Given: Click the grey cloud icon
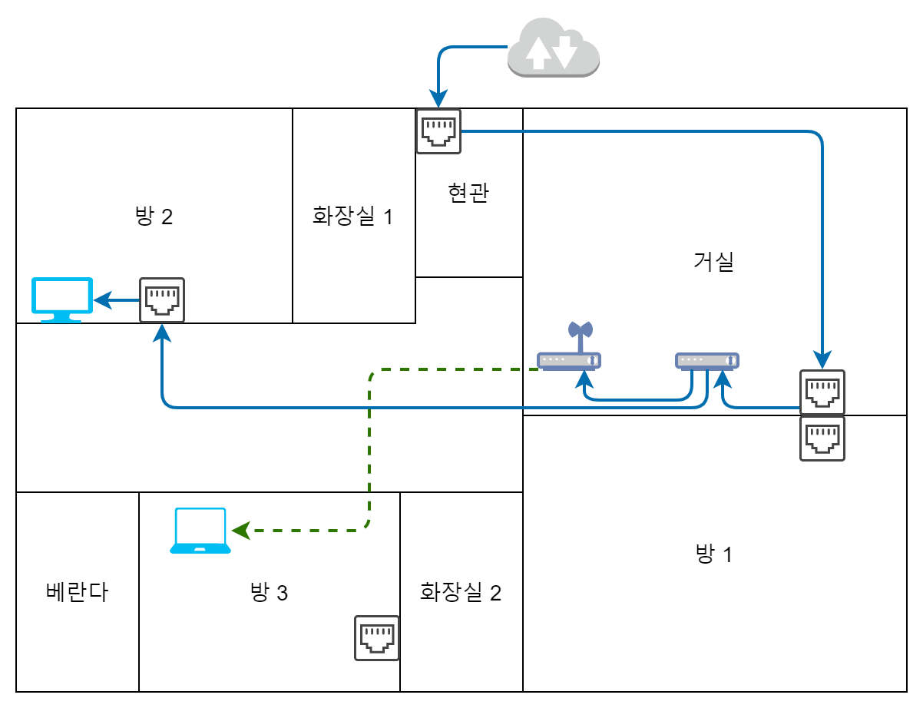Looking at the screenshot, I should pos(553,48).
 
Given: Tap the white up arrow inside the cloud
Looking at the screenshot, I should pos(538,53).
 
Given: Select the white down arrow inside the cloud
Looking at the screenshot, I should pos(565,51).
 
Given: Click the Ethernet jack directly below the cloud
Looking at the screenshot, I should pos(438,131).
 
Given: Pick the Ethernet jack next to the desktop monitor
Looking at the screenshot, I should pos(162,300).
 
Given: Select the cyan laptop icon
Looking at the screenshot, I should pos(200,530).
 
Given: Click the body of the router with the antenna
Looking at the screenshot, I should pos(569,360).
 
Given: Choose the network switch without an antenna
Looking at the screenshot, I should pos(707,360).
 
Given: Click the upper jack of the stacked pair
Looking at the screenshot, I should pos(822,392).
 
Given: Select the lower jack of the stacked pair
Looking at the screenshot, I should pos(822,438).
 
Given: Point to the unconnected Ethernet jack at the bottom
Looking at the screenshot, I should pos(377,638).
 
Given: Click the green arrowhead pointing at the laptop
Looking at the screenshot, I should pos(241,531).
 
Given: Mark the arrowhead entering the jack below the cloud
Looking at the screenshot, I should pos(438,99).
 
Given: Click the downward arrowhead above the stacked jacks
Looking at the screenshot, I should pos(822,360).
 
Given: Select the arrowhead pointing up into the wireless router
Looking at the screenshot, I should pos(585,379).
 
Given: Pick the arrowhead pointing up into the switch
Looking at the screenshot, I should pos(723,379).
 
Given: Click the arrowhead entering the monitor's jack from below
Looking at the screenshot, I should pos(162,332).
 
